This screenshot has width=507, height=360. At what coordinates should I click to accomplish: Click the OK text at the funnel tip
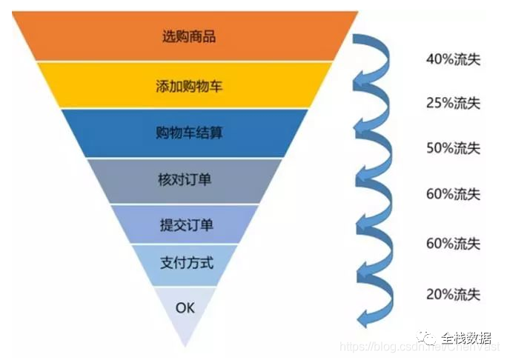pyautogui.click(x=185, y=307)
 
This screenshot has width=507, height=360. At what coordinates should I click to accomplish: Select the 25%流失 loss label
pyautogui.click(x=453, y=103)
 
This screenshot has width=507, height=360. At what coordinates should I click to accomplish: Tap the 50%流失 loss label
pyautogui.click(x=453, y=148)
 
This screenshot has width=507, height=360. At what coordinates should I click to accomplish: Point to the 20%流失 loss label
pyautogui.click(x=453, y=294)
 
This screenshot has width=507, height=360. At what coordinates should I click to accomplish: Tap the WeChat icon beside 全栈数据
pyautogui.click(x=428, y=338)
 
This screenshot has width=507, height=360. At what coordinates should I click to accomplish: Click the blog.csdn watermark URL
pyautogui.click(x=385, y=348)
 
